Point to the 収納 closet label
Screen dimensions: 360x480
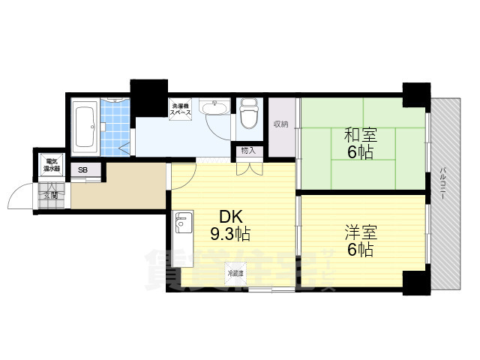click(280, 124)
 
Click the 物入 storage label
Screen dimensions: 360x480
click(248, 151)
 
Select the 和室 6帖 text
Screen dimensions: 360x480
click(361, 143)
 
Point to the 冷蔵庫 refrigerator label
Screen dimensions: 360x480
click(235, 273)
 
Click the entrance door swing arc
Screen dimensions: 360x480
click(16, 199)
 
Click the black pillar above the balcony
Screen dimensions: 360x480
click(413, 93)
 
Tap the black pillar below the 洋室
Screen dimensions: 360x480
click(413, 283)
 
